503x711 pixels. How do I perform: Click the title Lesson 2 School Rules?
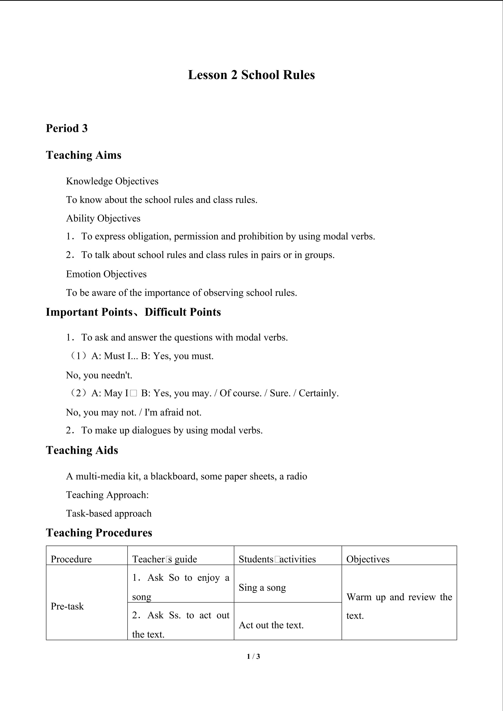click(x=251, y=75)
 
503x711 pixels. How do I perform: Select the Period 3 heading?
click(x=67, y=128)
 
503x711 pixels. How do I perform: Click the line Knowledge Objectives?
click(x=112, y=181)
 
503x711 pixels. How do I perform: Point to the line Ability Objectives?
click(x=103, y=218)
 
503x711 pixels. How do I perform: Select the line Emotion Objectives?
click(x=106, y=274)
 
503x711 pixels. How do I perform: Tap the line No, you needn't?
click(x=99, y=375)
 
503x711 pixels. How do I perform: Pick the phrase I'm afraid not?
click(x=173, y=412)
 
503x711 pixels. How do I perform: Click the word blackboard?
click(x=174, y=476)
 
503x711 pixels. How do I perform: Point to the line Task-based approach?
click(x=109, y=513)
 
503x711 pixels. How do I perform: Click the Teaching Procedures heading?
click(x=99, y=533)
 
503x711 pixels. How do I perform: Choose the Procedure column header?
click(x=71, y=559)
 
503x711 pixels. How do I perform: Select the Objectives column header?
click(x=368, y=559)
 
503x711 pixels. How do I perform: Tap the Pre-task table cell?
click(x=67, y=606)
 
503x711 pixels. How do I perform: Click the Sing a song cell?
click(x=262, y=587)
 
